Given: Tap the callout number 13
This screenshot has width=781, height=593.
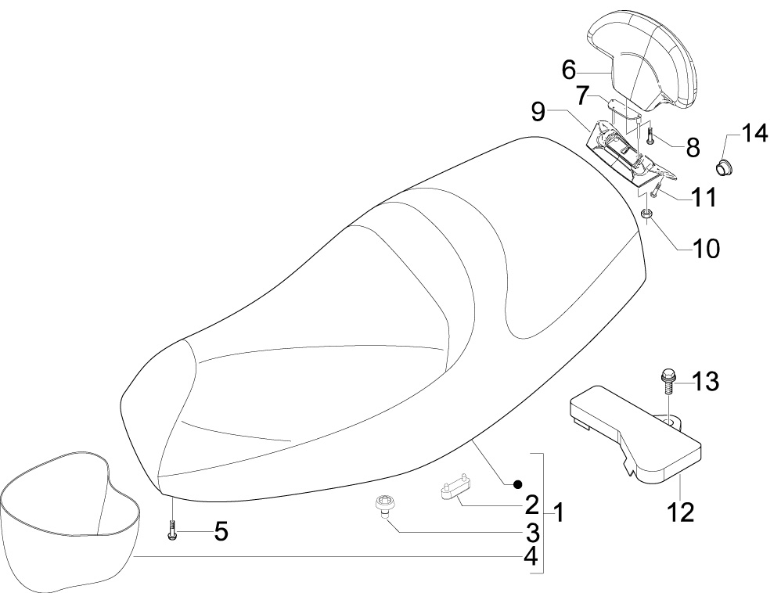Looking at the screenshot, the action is (705, 382).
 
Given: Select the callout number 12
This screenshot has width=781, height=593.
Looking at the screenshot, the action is (681, 512).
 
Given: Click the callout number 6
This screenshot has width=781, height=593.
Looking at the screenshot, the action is (568, 70).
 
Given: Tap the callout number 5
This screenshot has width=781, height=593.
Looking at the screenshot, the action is (221, 531).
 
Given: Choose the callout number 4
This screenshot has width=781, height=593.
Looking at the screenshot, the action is (531, 556).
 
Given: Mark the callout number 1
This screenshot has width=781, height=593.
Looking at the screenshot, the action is (559, 512).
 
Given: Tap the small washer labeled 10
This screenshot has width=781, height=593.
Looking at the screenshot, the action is (647, 214).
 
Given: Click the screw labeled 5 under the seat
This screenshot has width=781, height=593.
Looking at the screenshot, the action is (172, 529).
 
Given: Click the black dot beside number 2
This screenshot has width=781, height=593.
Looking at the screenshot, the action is (518, 483).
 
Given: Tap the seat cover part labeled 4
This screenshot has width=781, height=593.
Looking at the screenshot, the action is (70, 518).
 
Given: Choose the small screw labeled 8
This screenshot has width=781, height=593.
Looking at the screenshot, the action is (650, 135).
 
